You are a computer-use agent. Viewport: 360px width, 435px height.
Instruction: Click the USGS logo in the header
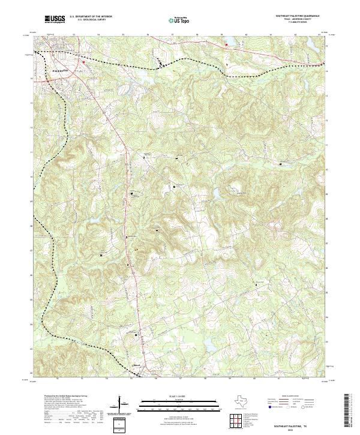55,19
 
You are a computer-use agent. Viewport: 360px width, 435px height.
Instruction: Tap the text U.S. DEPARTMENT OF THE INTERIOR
91,17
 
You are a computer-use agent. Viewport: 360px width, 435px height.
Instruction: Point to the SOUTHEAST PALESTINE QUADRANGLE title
299,16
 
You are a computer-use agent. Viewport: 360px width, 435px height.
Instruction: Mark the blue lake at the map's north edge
228,42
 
